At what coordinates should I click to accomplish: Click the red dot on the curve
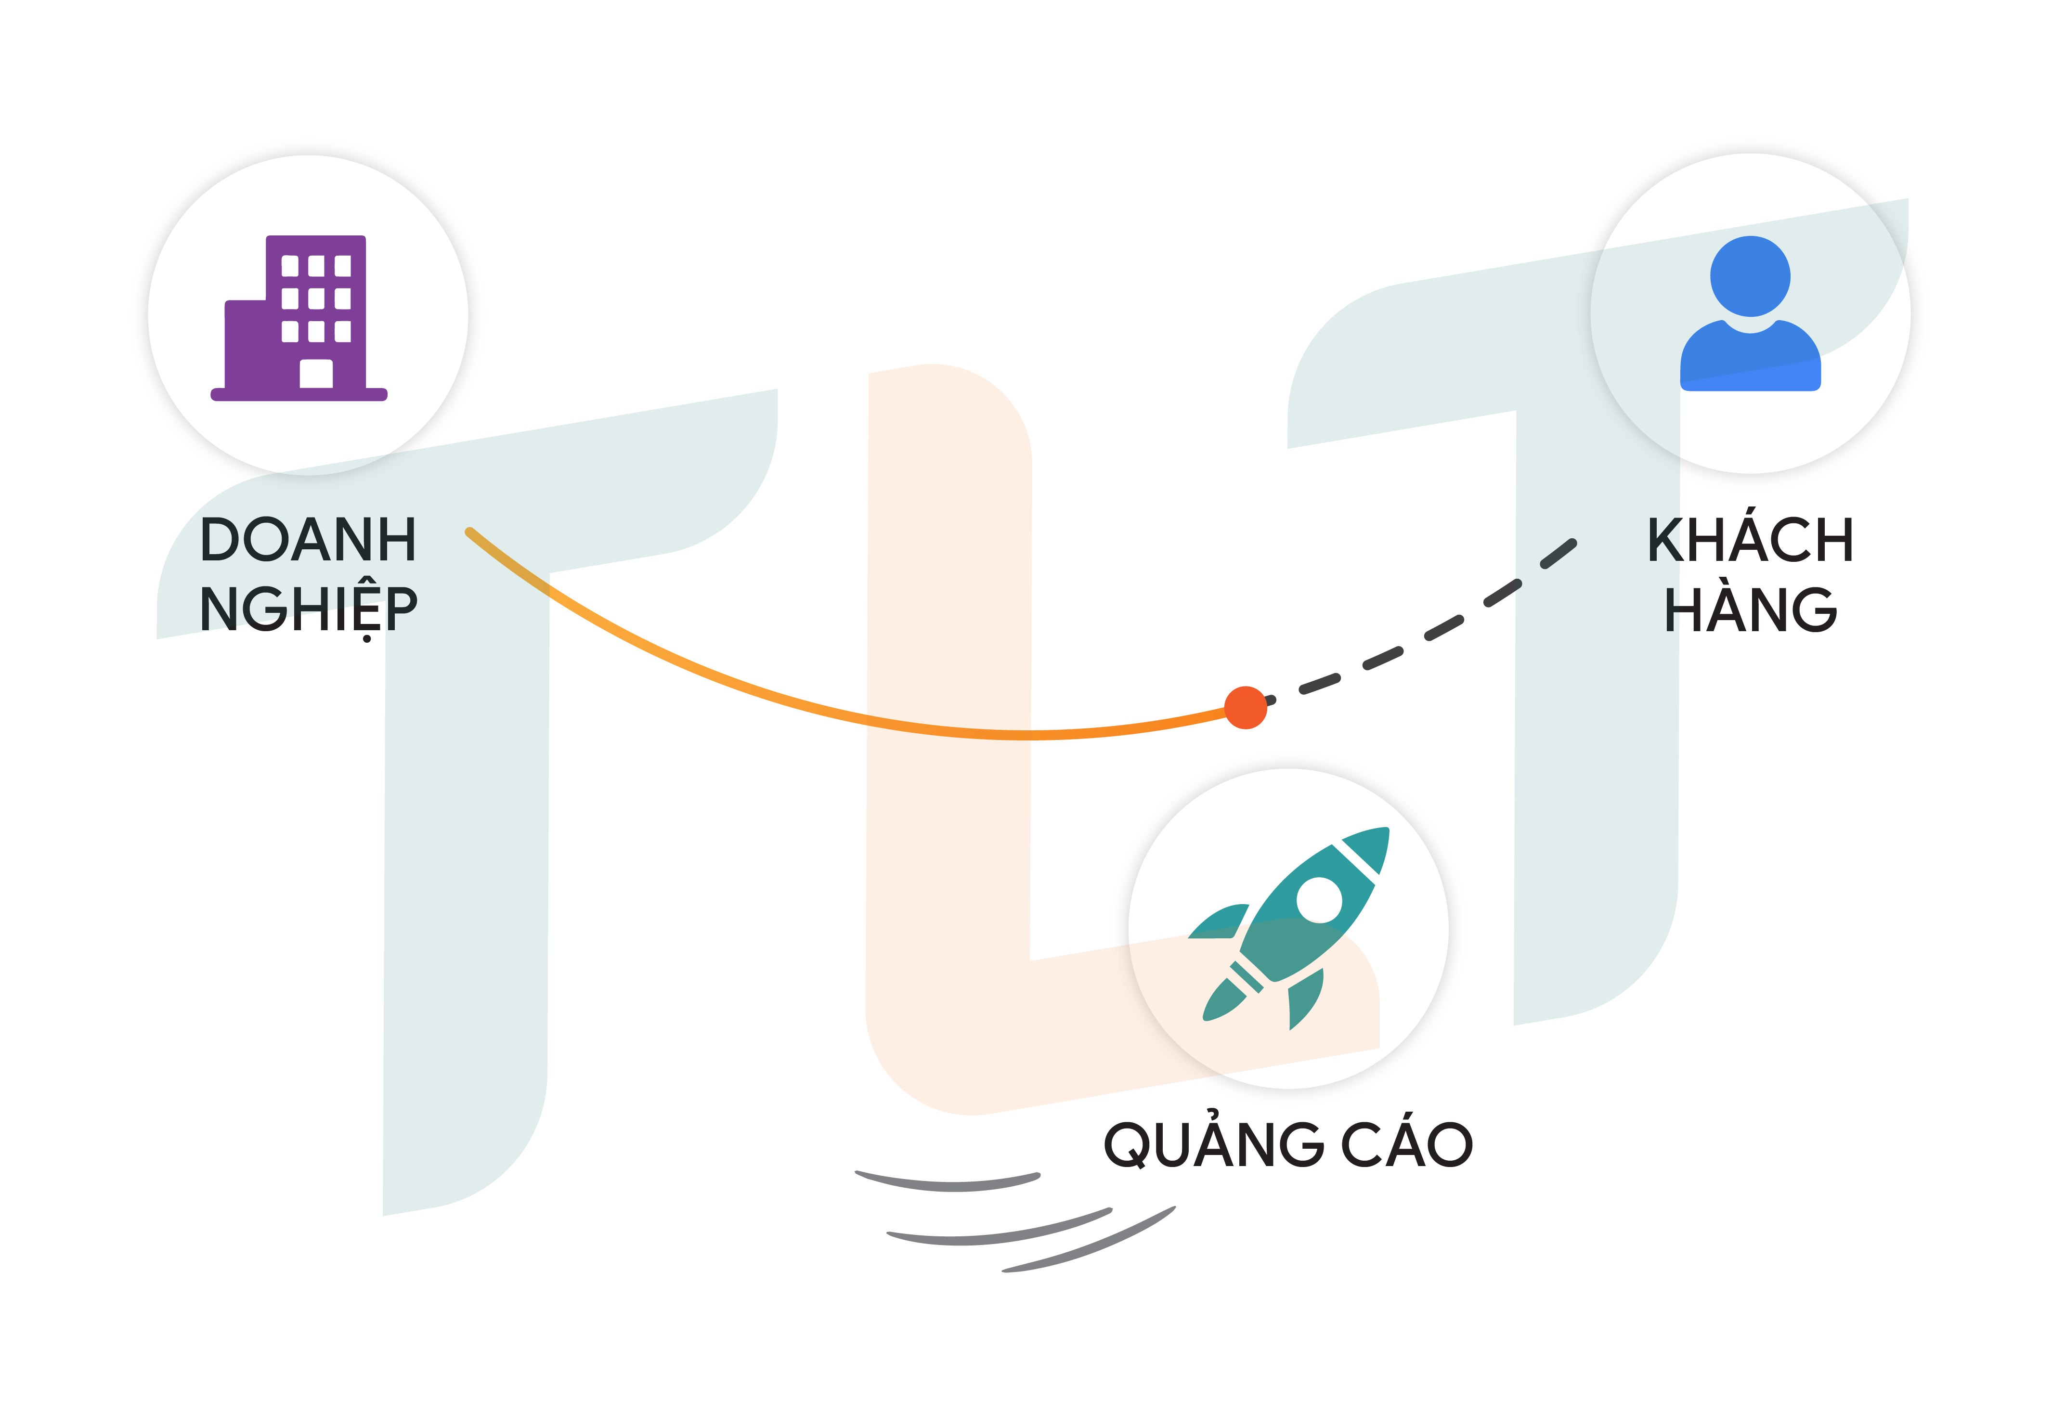point(1245,707)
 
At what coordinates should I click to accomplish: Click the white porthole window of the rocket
point(1319,900)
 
